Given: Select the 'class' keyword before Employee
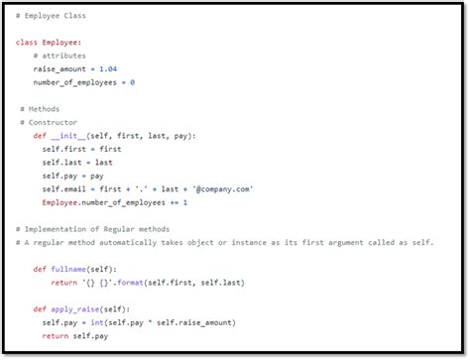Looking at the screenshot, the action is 27,44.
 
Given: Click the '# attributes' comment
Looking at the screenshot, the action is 61,58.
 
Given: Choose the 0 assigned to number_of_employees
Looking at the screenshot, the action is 132,83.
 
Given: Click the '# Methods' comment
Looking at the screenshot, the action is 40,109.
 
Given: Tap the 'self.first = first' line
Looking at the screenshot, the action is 81,149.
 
